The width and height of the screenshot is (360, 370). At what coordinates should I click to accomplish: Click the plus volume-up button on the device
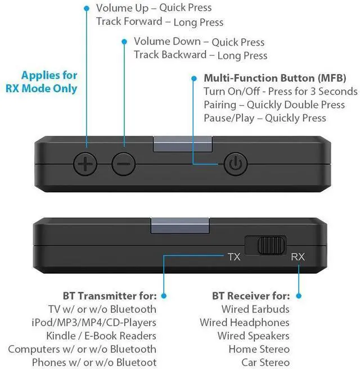[x=85, y=164]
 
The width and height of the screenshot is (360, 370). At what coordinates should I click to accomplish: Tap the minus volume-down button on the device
[x=124, y=164]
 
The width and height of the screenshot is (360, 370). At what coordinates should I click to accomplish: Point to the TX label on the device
[x=234, y=256]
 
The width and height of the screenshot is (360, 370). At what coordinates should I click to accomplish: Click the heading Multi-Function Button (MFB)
[x=274, y=78]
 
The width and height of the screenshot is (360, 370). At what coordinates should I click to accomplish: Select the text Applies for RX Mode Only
[x=49, y=82]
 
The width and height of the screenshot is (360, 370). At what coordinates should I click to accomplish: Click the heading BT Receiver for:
[x=251, y=296]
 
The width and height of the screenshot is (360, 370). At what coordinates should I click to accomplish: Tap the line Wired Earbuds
[x=255, y=309]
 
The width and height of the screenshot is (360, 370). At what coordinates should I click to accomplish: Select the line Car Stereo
[x=265, y=363]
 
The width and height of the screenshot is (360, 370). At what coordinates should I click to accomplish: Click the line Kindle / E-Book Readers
[x=102, y=336]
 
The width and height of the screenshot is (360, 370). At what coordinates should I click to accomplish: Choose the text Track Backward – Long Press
[x=200, y=55]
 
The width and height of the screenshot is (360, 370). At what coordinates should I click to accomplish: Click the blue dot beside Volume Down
[x=124, y=42]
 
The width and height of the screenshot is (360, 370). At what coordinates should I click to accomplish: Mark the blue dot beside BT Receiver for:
[x=299, y=296]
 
